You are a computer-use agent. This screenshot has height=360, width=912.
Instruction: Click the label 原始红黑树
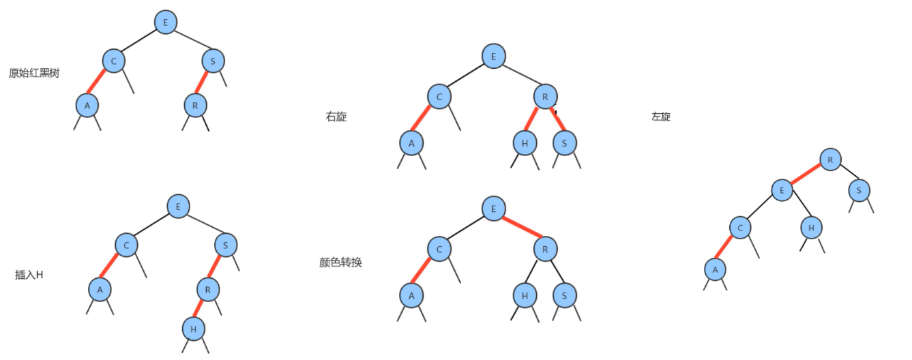point(34,73)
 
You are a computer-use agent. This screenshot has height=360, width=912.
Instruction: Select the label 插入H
point(29,275)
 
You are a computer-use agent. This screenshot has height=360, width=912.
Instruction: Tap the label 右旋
point(336,117)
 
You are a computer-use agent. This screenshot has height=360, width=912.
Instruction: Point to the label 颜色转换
point(340,262)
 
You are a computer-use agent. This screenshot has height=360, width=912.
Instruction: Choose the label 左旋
point(661,117)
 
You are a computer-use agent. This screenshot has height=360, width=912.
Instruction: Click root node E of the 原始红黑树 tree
point(165,22)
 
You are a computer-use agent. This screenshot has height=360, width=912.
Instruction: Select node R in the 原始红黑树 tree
point(195,105)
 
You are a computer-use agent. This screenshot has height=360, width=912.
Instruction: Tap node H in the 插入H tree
point(194,329)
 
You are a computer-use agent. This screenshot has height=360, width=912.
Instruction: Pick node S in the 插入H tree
point(225,244)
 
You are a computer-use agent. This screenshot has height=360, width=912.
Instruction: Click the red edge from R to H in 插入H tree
point(201,309)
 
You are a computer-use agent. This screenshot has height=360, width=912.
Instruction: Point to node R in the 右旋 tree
point(545,97)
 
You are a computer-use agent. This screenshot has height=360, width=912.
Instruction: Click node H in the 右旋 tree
point(525,142)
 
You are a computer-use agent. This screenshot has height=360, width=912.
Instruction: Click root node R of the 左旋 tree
point(830,160)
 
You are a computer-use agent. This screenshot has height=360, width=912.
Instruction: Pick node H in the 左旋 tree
point(811,228)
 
